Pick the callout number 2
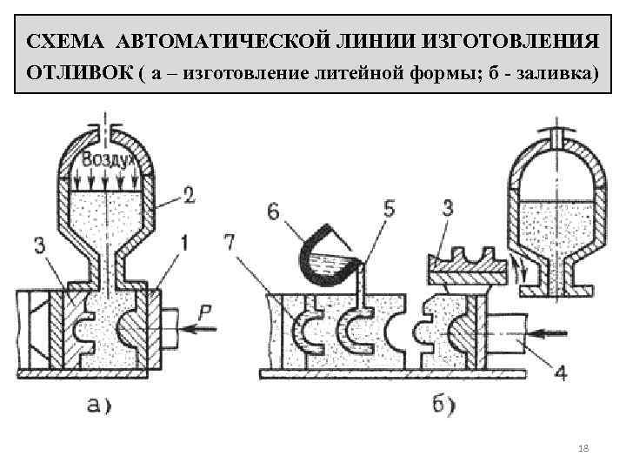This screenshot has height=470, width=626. click(190, 197)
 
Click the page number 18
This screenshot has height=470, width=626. click(583, 447)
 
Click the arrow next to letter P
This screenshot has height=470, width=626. click(197, 331)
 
